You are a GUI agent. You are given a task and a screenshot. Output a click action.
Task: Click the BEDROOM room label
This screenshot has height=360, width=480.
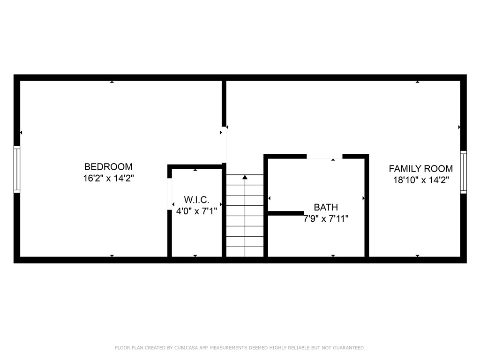[108, 166]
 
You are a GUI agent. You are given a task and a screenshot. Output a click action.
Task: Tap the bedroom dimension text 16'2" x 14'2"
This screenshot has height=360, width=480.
[108, 178]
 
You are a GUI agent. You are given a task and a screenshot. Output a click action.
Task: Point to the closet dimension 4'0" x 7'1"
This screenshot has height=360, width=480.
[196, 211]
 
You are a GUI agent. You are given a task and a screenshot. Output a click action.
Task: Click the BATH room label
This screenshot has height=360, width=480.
[325, 207]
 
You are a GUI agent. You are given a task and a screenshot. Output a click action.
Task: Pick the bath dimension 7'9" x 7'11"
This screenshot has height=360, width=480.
[326, 218]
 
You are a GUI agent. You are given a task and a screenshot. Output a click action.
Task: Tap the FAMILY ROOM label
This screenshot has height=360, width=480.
[420, 169]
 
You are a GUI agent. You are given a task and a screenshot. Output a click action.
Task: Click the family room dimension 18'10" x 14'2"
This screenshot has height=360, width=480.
[420, 180]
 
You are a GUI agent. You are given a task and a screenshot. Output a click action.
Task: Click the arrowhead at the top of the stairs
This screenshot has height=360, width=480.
[245, 177]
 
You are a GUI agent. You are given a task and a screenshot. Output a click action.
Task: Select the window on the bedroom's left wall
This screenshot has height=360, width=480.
[17, 169]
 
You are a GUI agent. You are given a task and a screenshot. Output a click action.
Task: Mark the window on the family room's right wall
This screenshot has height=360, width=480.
[463, 172]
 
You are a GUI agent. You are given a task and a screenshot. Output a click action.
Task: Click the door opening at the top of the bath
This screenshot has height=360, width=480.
[324, 157]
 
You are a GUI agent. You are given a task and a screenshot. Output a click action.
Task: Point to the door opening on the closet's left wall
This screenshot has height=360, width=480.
[170, 194]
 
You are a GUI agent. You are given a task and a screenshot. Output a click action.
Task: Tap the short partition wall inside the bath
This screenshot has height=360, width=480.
[285, 213]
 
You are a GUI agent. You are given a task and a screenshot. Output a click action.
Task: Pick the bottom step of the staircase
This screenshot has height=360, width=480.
[245, 252]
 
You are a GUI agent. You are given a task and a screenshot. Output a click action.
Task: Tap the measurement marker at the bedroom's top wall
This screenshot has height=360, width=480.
[112, 82]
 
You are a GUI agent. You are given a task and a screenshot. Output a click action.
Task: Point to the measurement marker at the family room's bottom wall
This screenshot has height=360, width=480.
[417, 255]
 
